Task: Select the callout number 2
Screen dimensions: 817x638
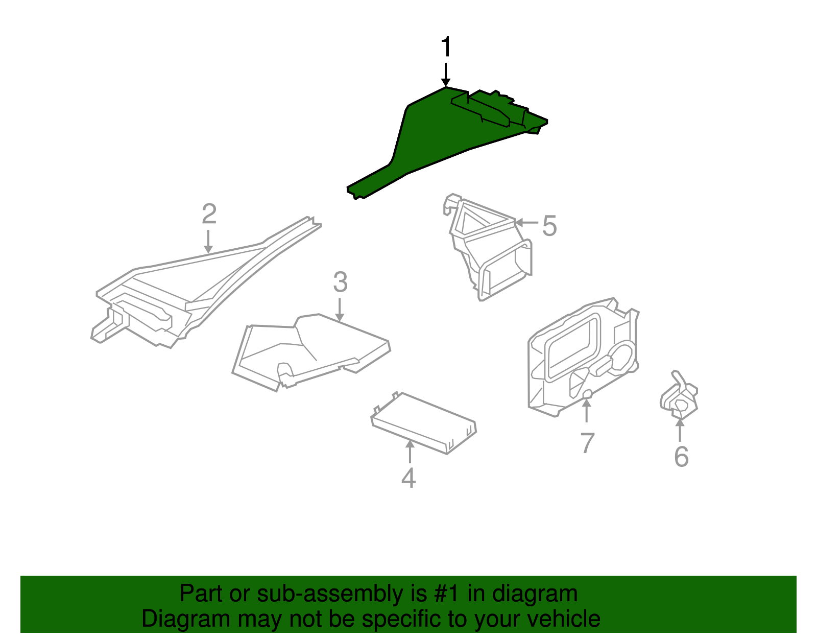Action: [x=209, y=214]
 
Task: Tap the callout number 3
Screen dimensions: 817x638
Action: [x=340, y=282]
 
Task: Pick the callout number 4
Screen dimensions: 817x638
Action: [x=408, y=478]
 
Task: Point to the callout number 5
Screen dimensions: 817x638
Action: [x=549, y=226]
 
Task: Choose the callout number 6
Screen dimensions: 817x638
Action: [x=681, y=457]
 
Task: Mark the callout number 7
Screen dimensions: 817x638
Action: [x=587, y=443]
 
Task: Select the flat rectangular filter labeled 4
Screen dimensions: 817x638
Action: [x=424, y=423]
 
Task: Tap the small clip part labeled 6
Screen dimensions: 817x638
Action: [x=679, y=396]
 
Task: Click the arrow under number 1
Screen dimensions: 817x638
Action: [x=446, y=75]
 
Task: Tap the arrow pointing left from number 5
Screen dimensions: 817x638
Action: [x=526, y=223]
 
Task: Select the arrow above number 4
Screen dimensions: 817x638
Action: [x=410, y=452]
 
